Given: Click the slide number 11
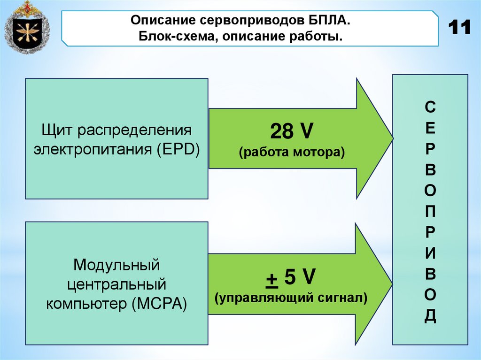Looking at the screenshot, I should (x=459, y=28).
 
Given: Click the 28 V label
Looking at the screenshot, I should (x=291, y=131).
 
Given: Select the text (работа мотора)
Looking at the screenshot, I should (x=291, y=152).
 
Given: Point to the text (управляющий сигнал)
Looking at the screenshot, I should (x=291, y=298).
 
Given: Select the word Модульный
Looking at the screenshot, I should (x=116, y=265).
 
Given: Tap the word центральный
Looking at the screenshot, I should (x=116, y=284).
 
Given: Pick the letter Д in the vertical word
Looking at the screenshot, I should (x=430, y=316).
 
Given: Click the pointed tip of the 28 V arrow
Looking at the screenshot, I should (x=391, y=138).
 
